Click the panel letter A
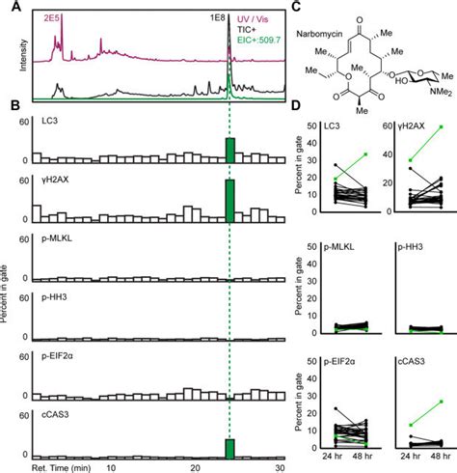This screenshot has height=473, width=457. point(8,7)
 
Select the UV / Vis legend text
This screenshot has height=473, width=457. point(264,17)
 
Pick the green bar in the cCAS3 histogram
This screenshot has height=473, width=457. point(230,450)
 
